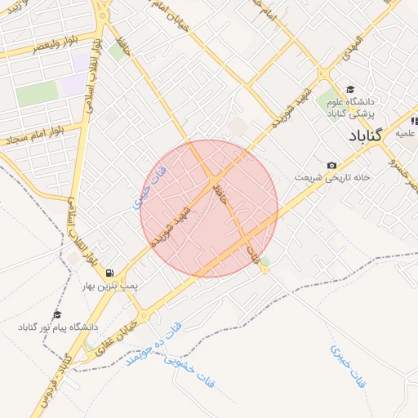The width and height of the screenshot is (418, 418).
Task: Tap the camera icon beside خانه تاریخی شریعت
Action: point(331,165)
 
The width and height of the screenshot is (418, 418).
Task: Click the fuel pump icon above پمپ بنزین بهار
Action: point(109,273)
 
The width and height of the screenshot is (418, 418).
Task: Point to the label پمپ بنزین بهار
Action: point(110,287)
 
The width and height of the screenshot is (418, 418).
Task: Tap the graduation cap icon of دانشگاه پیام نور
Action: point(57,314)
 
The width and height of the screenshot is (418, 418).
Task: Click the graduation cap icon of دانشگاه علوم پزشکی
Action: point(350,90)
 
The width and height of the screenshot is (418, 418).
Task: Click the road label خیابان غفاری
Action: point(127,335)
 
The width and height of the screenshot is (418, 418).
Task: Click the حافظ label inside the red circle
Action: point(216,193)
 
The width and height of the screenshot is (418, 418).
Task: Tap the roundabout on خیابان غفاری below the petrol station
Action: point(144,315)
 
